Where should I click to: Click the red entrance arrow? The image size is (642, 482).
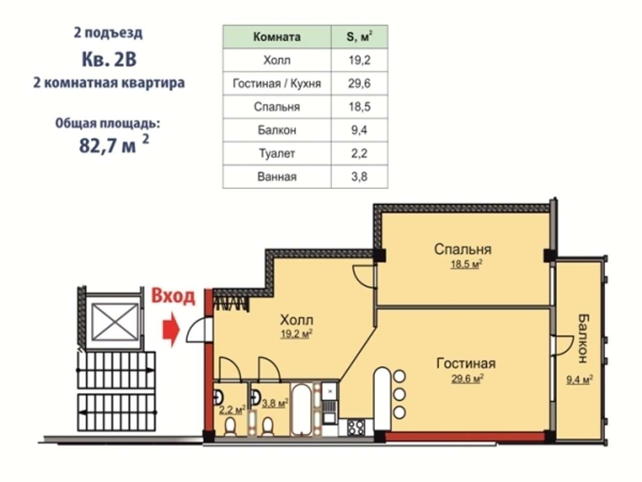[x=171, y=329]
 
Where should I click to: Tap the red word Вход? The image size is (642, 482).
[x=173, y=296]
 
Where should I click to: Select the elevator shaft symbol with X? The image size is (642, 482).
[x=114, y=322]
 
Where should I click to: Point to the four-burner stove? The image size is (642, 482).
[x=356, y=428]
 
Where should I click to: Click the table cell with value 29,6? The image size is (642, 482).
[x=360, y=84]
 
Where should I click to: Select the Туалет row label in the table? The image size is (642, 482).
[x=277, y=153]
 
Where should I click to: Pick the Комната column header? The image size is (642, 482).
[x=277, y=37]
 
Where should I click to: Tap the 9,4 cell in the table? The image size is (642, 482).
[x=360, y=130]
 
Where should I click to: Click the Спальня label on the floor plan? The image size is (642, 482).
[x=463, y=250]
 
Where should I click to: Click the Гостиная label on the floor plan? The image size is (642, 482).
[x=466, y=364]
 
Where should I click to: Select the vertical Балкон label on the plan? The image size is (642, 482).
[x=584, y=338]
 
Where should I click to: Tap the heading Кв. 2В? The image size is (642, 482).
[x=109, y=59]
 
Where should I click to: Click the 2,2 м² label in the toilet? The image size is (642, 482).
[x=231, y=410]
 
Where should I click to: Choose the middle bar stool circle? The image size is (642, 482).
[x=399, y=395]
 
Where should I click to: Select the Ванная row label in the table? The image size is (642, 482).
[x=277, y=177]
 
